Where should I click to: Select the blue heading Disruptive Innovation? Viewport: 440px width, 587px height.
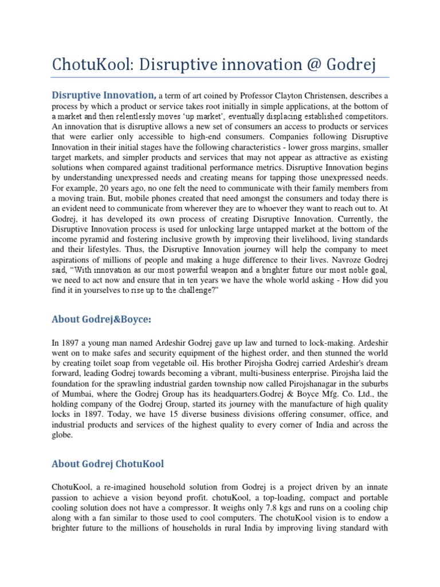pyautogui.click(x=104, y=95)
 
